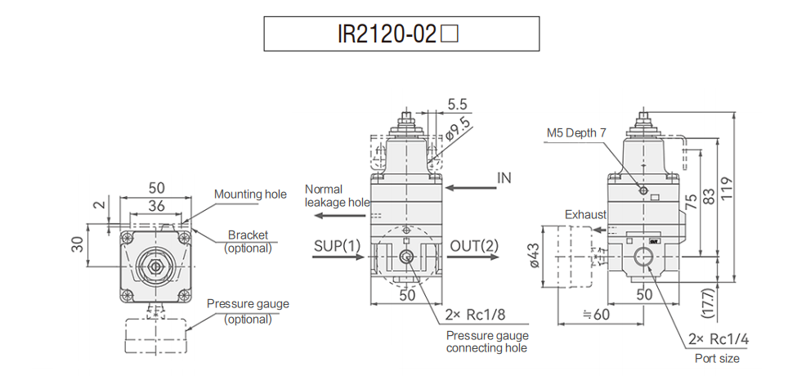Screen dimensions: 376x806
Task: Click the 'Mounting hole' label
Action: coord(250,194)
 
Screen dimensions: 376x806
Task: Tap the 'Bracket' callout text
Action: coord(248,235)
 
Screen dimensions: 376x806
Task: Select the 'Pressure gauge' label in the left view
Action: coord(248,303)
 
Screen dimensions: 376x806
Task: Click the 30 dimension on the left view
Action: coord(98,244)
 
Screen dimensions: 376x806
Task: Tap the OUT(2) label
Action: coord(474,245)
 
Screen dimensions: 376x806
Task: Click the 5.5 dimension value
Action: coord(458,105)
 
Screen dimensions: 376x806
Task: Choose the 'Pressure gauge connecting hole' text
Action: coord(487,342)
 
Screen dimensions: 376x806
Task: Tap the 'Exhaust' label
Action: coord(585,214)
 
